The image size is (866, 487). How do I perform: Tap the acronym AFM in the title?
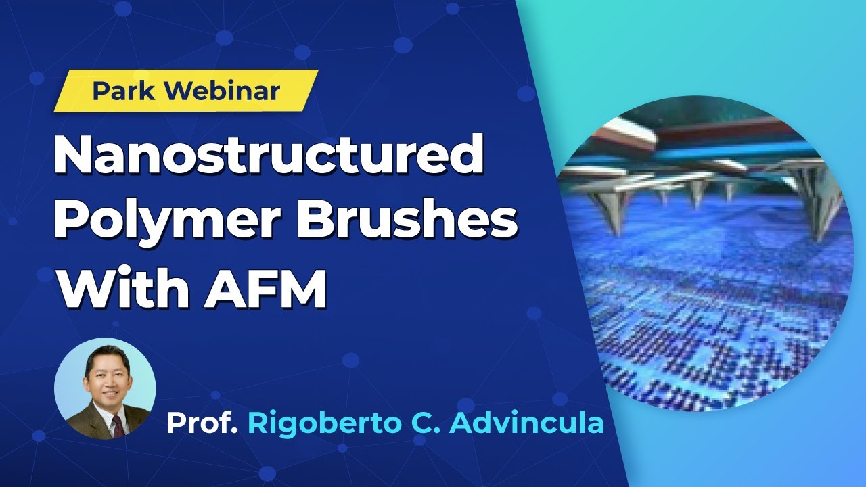267,287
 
